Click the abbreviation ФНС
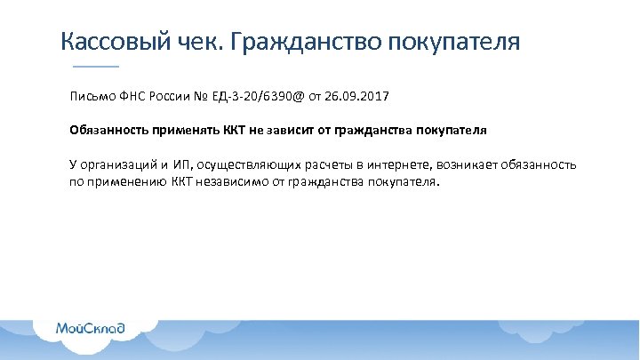[x=136, y=94]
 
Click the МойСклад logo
[x=90, y=328]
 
